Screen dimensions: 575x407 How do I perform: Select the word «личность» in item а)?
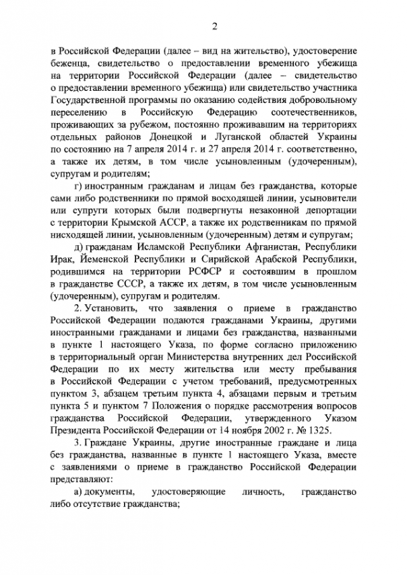(257, 494)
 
